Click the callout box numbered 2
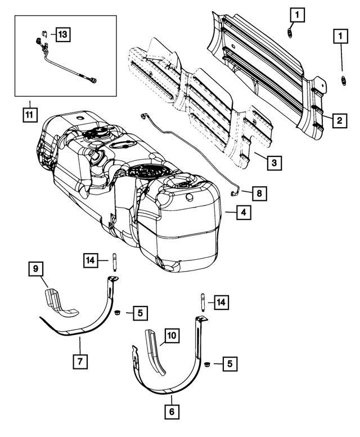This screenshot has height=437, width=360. point(339,120)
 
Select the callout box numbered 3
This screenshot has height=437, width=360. point(273,163)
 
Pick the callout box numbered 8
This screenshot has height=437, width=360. point(259,193)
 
